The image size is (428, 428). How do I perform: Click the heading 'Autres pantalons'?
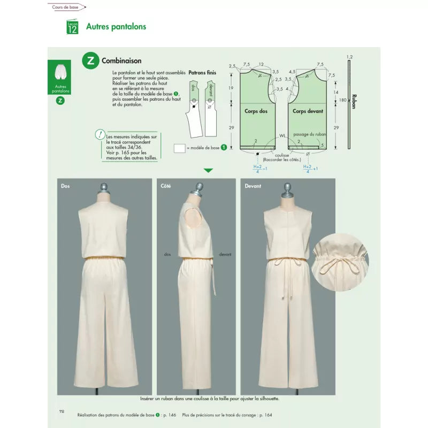pos(116,26)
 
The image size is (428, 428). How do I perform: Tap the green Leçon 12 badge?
pos(72,27)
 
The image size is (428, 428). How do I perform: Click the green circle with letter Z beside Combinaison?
pos(90,60)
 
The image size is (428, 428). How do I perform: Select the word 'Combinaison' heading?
pos(121,61)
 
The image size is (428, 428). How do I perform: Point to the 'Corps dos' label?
pos(255,111)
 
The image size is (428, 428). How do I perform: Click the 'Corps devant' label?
pos(307,111)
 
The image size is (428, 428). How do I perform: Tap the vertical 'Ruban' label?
pos(354,102)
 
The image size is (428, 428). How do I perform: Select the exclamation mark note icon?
pos(100,135)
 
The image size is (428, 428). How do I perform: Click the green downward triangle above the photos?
pos(208,171)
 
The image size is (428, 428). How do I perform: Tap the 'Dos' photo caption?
pos(65,186)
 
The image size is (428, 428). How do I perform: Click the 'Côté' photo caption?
pos(166,186)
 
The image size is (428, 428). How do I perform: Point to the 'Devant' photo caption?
pos(253,186)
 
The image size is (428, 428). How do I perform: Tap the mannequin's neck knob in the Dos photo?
pos(103,189)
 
